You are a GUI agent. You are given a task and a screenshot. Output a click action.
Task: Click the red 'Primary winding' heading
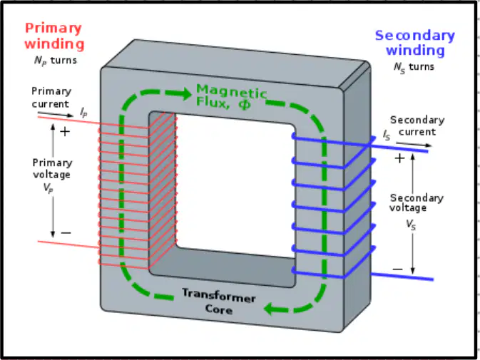[x=54, y=36]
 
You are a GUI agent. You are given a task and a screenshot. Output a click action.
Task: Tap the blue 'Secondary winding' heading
[x=415, y=43]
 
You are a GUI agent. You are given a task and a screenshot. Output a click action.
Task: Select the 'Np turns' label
[x=55, y=61]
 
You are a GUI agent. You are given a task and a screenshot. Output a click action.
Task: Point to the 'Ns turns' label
[x=414, y=67]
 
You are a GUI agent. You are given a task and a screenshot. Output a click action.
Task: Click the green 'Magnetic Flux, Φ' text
[x=231, y=96]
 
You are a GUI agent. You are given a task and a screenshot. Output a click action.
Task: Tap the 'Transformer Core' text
[x=219, y=302]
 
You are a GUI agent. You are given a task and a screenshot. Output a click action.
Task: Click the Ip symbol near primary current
[x=83, y=112]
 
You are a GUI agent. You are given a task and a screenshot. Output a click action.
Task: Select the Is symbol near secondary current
[x=387, y=135]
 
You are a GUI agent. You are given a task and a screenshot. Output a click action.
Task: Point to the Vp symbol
[x=48, y=187]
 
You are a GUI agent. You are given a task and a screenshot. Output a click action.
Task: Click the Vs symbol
[x=411, y=225]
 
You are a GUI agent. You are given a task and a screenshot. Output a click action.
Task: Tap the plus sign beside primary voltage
[x=65, y=132]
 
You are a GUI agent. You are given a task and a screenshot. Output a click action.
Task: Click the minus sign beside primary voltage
[x=66, y=233]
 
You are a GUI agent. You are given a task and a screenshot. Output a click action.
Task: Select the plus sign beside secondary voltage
[x=399, y=158]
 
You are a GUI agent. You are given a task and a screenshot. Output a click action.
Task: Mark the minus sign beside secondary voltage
[x=398, y=269]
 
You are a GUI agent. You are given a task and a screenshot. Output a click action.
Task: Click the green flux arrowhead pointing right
[x=183, y=93]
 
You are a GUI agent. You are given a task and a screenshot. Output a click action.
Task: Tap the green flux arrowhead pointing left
[x=272, y=309]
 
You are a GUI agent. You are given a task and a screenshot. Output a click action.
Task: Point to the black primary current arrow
[x=56, y=114]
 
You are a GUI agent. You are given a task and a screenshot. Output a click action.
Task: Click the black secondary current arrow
[x=414, y=145]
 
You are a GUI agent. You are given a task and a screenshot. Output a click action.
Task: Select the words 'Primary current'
[x=51, y=98]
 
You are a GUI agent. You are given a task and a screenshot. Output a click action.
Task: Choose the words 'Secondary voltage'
[x=417, y=202]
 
